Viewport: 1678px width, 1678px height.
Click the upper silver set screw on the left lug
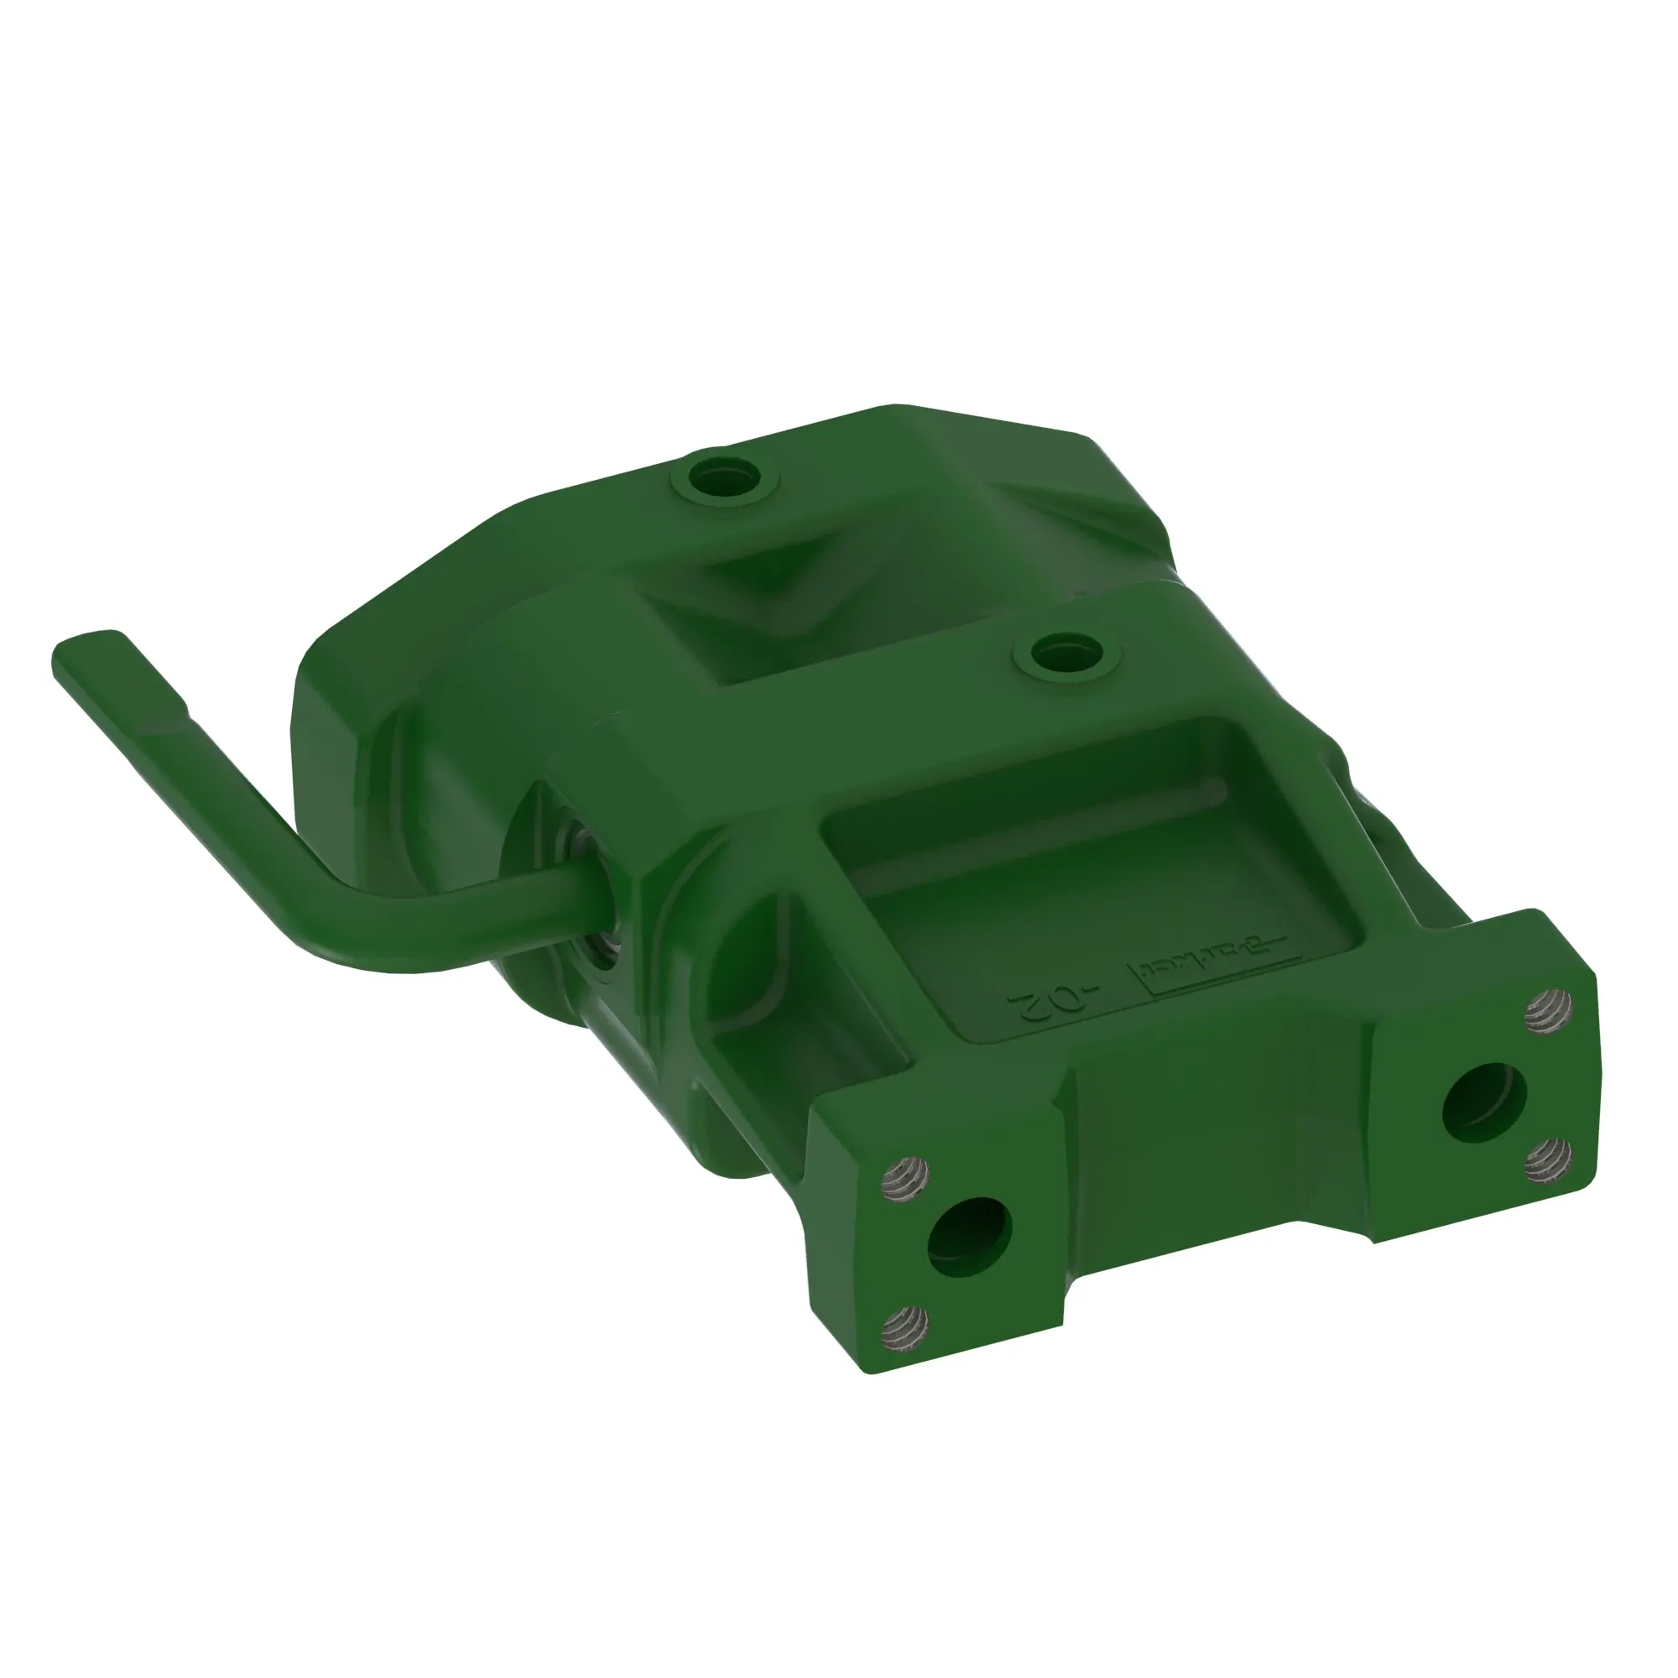(904, 1177)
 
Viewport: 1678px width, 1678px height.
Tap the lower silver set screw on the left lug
(904, 1326)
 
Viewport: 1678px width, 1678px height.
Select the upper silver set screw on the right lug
(1549, 1010)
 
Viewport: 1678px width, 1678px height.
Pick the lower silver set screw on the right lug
(1549, 1156)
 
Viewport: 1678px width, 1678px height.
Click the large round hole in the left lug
(969, 1237)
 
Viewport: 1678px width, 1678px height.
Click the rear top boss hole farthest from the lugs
(725, 477)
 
